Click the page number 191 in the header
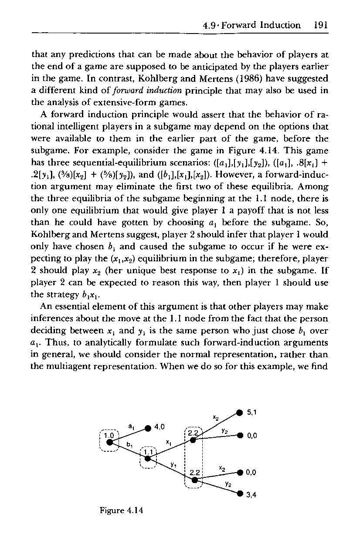(x=320, y=25)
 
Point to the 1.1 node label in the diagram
(x=149, y=451)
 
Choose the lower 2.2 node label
(x=193, y=472)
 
